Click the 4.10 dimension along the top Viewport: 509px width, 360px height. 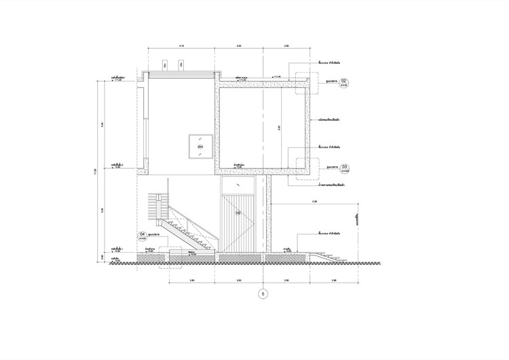tap(181, 46)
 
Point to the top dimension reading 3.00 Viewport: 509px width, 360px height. tap(239, 46)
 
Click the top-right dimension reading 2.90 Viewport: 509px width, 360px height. tap(286, 46)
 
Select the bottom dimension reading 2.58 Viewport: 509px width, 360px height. tap(335, 280)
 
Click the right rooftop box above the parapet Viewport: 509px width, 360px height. tap(183, 65)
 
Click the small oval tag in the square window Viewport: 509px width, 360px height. tap(200, 146)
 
